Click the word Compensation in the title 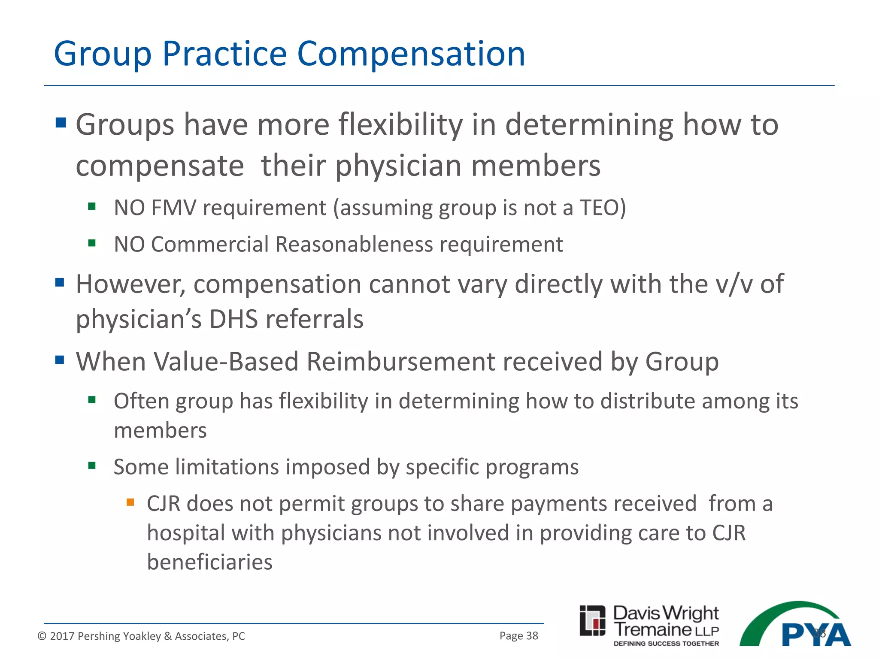point(411,54)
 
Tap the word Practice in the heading point(224,54)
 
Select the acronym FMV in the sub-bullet point(173,208)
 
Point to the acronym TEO point(598,208)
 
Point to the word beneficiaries point(209,562)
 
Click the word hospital point(185,533)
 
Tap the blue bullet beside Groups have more point(61,123)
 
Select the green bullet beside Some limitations point(92,466)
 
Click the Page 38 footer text point(518,636)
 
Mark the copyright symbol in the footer point(42,636)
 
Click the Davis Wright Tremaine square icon point(592,620)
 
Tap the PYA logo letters point(815,634)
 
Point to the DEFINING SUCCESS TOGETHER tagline point(666,644)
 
